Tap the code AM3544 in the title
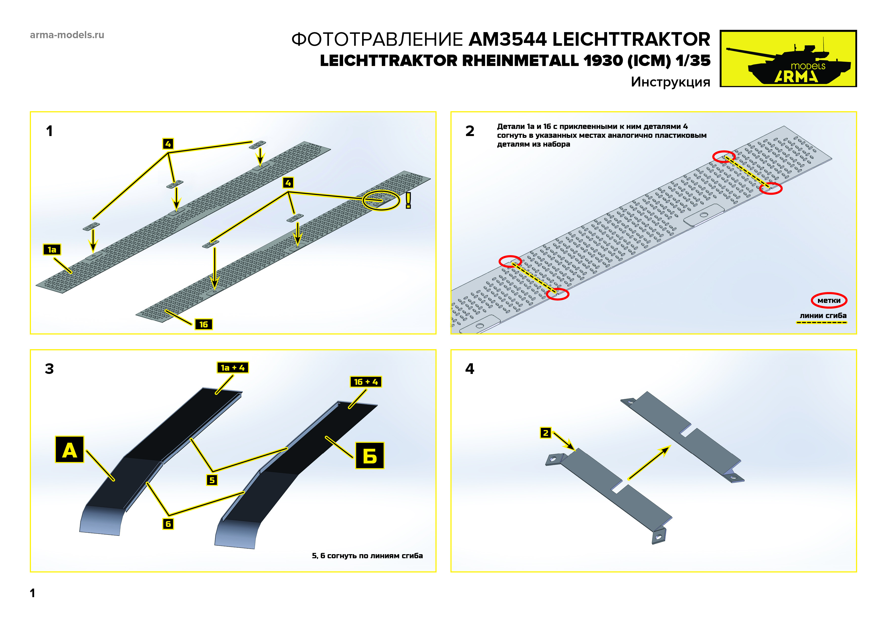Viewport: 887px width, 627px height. [508, 39]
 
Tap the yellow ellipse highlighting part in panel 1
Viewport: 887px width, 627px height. [381, 200]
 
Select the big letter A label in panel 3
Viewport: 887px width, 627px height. [70, 450]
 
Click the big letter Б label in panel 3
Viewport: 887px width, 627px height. [370, 456]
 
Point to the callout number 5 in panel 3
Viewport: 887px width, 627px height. [212, 480]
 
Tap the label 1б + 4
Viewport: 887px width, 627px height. [365, 382]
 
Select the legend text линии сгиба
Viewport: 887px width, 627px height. [823, 316]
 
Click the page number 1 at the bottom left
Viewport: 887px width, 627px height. [32, 593]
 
